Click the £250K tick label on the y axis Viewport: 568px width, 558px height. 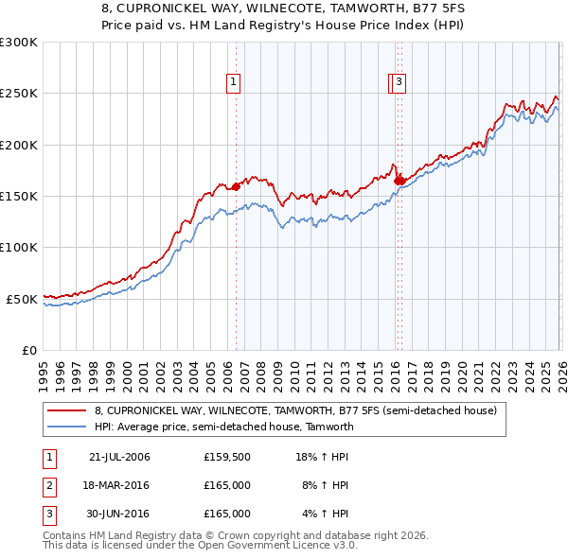click(19, 94)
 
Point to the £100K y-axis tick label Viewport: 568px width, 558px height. click(19, 247)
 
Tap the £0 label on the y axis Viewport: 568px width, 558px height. click(28, 350)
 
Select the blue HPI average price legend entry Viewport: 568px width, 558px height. click(223, 427)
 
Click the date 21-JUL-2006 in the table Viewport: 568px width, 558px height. click(119, 457)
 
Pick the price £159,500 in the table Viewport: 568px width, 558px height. click(227, 457)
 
